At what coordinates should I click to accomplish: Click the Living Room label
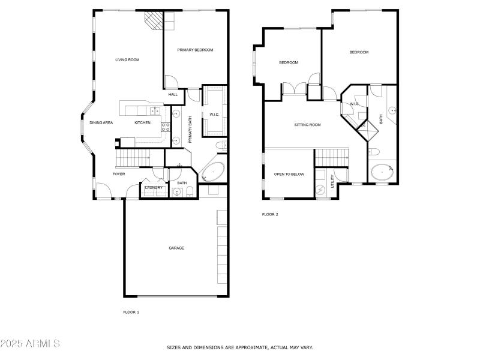[127, 59]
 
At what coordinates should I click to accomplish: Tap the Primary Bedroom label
[195, 50]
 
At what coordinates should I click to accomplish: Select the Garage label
[176, 248]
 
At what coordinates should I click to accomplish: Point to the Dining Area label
[101, 123]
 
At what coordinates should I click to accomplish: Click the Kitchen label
[142, 123]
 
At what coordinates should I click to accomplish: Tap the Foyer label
[119, 174]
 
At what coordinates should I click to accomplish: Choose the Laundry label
[154, 188]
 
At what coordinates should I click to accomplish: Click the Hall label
[173, 94]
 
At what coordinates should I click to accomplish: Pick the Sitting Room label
[307, 125]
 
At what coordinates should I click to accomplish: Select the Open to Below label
[289, 174]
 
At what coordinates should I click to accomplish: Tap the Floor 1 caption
[131, 312]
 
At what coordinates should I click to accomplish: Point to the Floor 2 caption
[270, 214]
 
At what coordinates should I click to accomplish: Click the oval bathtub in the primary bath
[213, 173]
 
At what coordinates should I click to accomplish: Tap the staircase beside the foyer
[132, 158]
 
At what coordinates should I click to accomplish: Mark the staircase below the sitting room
[332, 157]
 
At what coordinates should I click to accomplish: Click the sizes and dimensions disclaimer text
[239, 347]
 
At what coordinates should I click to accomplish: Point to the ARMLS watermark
[30, 344]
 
